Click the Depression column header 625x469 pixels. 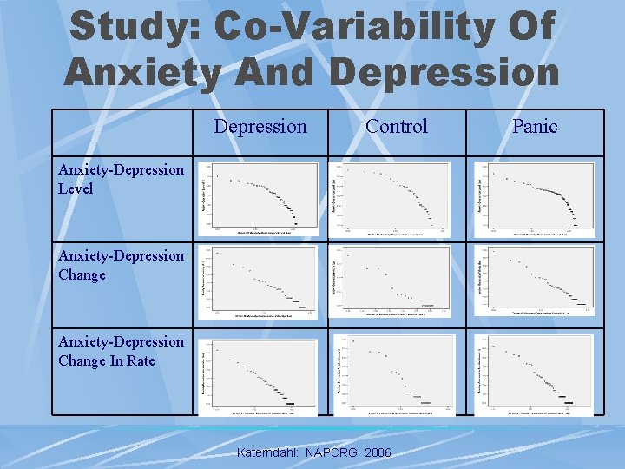click(260, 126)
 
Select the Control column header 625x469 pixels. click(397, 126)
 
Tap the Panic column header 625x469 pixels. click(535, 126)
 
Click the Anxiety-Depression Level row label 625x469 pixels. click(121, 179)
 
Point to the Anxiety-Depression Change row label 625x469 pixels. click(121, 265)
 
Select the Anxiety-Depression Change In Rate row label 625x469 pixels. click(121, 351)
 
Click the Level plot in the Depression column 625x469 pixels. click(260, 199)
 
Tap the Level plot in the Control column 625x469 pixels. click(396, 199)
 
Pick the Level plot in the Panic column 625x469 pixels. click(535, 199)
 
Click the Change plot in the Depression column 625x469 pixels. click(260, 281)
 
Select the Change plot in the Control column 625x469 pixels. click(396, 281)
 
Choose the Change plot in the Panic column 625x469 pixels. click(535, 281)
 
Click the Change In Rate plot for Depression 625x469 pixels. click(260, 373)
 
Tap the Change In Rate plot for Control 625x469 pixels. click(396, 373)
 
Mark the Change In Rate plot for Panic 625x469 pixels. click(535, 373)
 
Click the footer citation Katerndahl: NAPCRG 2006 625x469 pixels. click(314, 453)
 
